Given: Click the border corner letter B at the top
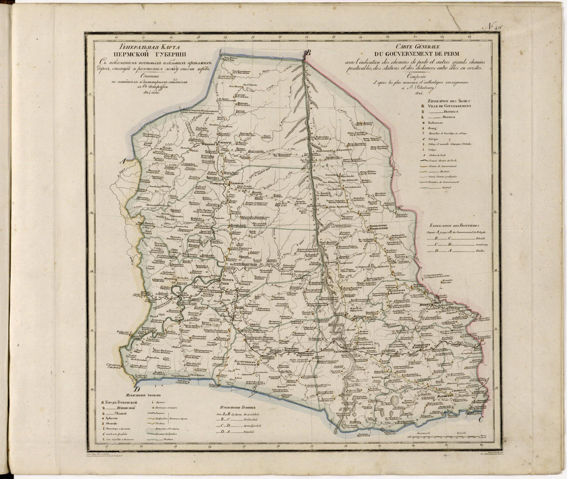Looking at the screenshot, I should click(308, 52).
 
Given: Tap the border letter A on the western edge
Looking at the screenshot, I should click(123, 161).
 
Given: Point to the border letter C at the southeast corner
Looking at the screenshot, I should click(480, 420).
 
